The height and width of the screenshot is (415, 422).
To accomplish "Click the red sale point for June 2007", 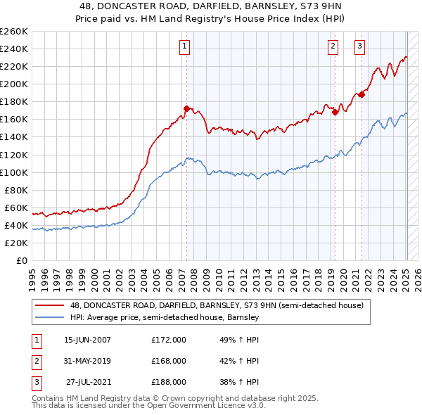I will [186, 108].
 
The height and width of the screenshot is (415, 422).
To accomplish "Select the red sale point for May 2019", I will [335, 112].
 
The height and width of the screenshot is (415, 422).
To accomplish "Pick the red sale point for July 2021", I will [362, 94].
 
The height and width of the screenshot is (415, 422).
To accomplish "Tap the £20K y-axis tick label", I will [15, 243].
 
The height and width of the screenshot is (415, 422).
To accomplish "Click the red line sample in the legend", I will [50, 306].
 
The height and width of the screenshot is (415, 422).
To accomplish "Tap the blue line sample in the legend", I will [50, 318].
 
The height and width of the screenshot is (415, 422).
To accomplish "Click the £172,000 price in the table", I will [169, 340].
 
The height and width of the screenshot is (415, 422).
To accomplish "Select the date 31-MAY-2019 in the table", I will [87, 361].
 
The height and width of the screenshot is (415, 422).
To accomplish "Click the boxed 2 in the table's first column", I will [35, 361].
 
